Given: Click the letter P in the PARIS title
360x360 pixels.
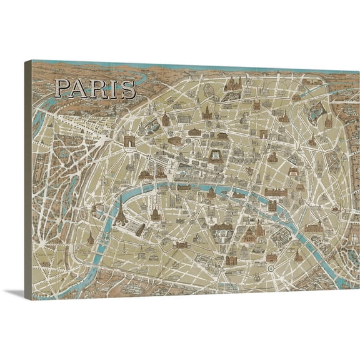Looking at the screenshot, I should [x=61, y=89].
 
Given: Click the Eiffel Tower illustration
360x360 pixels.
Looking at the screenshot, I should [x=118, y=213].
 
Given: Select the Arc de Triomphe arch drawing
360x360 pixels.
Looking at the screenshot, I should [x=129, y=143].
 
